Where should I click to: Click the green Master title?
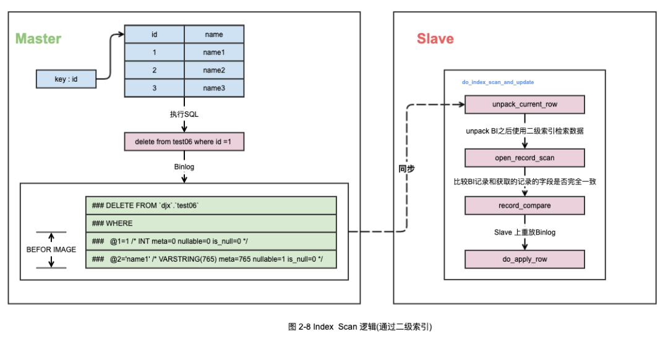pyautogui.click(x=38, y=38)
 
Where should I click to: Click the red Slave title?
pyautogui.click(x=435, y=39)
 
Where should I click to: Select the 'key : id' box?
pyautogui.click(x=66, y=79)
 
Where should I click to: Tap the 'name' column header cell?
pyautogui.click(x=213, y=34)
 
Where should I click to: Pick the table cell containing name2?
pyautogui.click(x=213, y=70)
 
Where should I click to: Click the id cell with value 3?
pyautogui.click(x=154, y=88)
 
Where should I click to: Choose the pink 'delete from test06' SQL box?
pyautogui.click(x=184, y=142)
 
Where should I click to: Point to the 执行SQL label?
pyautogui.click(x=184, y=115)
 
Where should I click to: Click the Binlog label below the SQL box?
pyautogui.click(x=184, y=166)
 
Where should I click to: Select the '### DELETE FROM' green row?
pyautogui.click(x=211, y=205)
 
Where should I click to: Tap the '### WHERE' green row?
pyautogui.click(x=211, y=223)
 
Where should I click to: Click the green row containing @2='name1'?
pyautogui.click(x=211, y=259)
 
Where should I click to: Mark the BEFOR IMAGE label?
pyautogui.click(x=51, y=250)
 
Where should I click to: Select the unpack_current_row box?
pyautogui.click(x=525, y=105)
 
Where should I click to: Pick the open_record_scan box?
pyautogui.click(x=525, y=158)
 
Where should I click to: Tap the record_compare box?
pyautogui.click(x=525, y=205)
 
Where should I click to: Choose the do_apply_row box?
pyautogui.click(x=525, y=259)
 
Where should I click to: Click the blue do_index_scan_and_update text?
pyautogui.click(x=498, y=82)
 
